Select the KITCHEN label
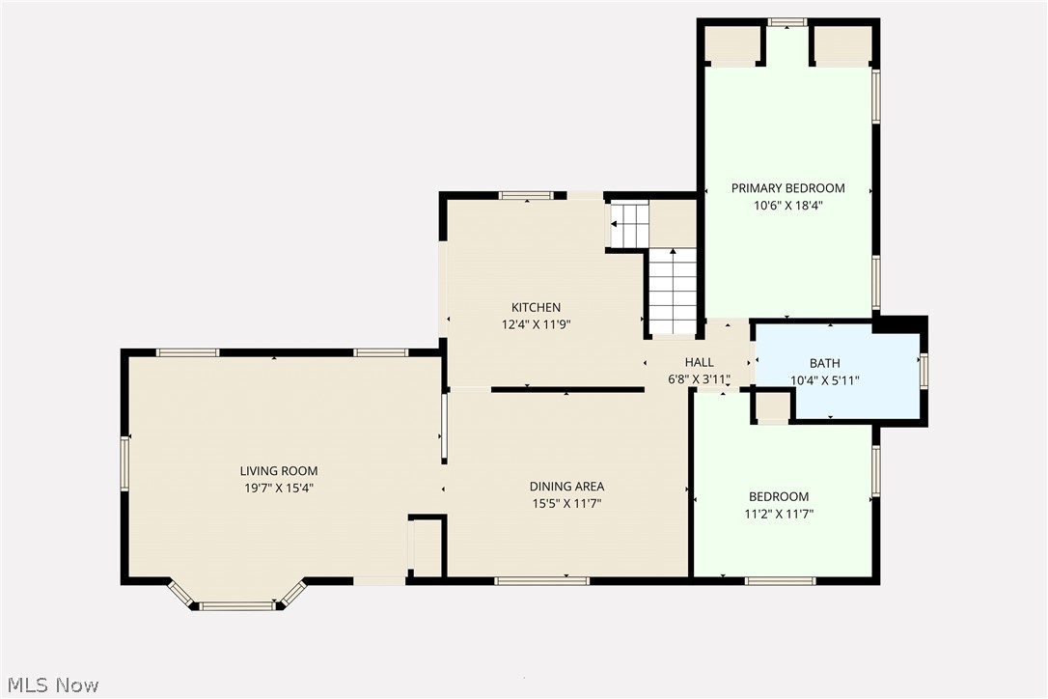click(536, 308)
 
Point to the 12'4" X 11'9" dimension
click(536, 324)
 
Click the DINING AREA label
click(566, 487)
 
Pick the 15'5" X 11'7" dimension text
click(566, 503)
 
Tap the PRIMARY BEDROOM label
click(787, 188)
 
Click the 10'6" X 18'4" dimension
click(787, 205)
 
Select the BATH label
click(824, 364)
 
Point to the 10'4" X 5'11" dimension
click(824, 380)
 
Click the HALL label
click(699, 363)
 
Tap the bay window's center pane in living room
click(236, 606)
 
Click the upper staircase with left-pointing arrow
click(629, 224)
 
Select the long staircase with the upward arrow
click(673, 290)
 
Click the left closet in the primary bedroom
click(731, 43)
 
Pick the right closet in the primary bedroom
click(842, 43)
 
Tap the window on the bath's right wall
click(924, 371)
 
